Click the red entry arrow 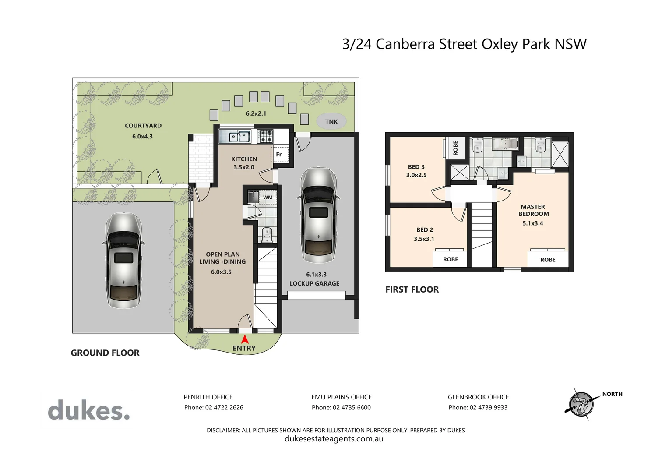point(245,339)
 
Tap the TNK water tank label point(331,122)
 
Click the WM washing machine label point(268,198)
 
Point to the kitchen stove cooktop point(265,136)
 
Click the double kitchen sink point(234,137)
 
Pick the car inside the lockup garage point(319,214)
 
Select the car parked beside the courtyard point(123,261)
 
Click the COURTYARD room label point(143,126)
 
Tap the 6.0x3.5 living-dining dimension point(221,272)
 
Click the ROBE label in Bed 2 point(451,259)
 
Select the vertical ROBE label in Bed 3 point(455,148)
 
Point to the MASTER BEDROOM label point(533,210)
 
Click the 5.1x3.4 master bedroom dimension point(533,223)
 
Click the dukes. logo point(88,410)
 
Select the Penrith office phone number point(213,408)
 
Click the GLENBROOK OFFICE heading point(478,397)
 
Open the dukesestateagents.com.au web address point(334,439)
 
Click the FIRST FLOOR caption point(412,289)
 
